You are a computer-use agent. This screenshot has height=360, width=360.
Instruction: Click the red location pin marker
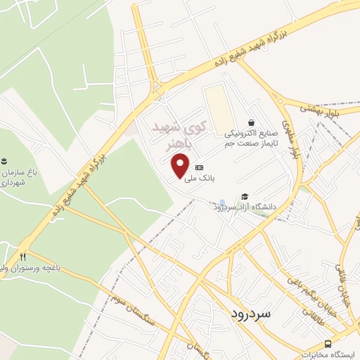pos(181,165)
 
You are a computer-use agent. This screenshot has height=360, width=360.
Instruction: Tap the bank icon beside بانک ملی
pos(199,167)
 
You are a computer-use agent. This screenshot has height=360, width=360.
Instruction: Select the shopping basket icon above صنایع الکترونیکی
pos(251,122)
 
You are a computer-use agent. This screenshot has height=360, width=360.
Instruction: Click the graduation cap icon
pos(243,196)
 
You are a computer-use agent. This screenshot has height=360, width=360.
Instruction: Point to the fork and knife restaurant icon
pos(23,256)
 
